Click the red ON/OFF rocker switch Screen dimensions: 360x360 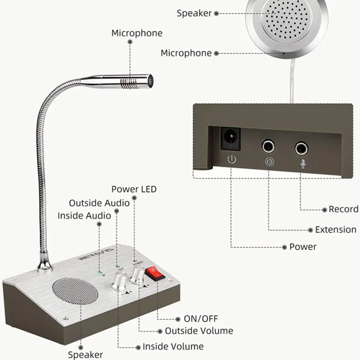155,273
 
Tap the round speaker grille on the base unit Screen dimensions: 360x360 75,291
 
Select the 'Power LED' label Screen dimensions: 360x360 134,189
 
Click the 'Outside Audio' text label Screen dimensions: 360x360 99,203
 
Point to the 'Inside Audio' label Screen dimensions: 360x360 84,216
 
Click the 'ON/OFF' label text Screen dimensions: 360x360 201,319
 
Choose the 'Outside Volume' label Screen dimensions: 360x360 199,331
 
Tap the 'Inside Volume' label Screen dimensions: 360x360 173,346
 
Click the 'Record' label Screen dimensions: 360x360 343,209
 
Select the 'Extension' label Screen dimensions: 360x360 336,229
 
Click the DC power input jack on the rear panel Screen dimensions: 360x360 230,139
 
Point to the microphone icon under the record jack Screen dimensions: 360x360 303,164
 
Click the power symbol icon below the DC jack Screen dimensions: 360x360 232,159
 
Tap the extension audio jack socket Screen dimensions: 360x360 268,146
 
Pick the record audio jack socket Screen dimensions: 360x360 301,148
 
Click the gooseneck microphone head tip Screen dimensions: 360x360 150,81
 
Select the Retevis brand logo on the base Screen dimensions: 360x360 96,253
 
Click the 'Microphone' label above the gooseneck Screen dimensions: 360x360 137,33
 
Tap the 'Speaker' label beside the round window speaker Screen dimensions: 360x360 194,13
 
